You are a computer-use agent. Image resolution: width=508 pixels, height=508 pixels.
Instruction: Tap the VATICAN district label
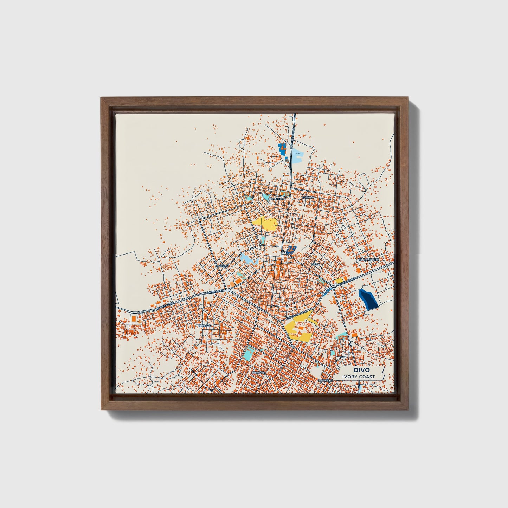click(x=307, y=198)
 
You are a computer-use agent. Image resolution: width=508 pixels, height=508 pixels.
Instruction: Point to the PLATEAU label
click(x=222, y=266)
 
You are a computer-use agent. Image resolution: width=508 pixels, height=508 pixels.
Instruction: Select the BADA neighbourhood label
click(x=316, y=264)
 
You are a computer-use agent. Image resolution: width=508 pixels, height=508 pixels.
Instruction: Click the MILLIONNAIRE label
click(x=368, y=259)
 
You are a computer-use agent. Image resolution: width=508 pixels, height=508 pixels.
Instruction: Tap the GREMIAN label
click(x=205, y=326)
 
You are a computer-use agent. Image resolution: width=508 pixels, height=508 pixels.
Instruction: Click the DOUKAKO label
click(x=325, y=380)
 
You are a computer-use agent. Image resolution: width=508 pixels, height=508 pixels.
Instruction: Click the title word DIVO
click(x=359, y=370)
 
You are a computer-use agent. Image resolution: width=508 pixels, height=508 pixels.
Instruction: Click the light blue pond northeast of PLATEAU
click(x=247, y=258)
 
